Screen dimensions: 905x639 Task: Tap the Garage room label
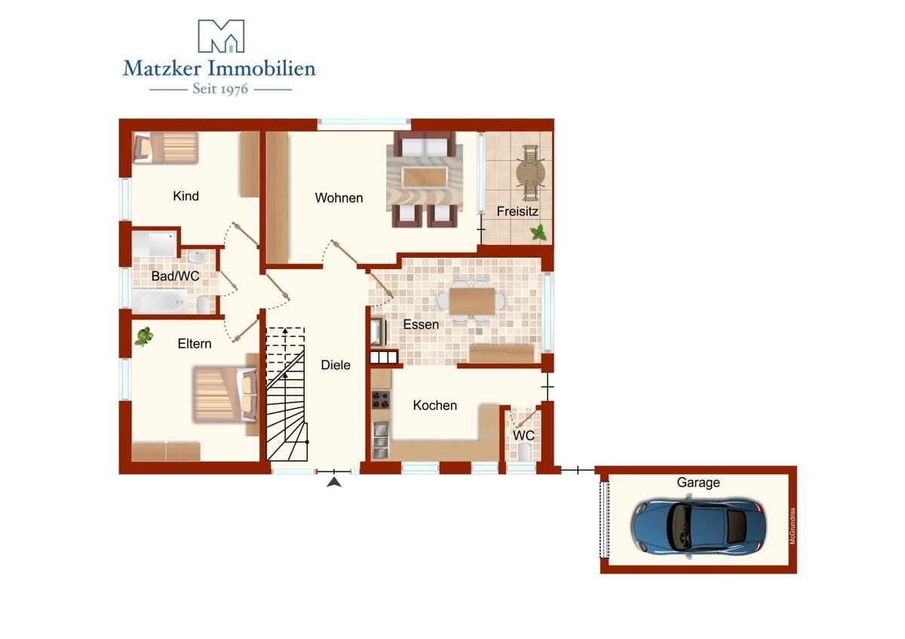[x=698, y=483]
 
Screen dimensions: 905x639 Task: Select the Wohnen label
[x=339, y=197]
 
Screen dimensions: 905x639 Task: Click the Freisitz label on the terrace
[x=517, y=211]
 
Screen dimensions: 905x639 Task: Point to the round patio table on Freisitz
[x=530, y=173]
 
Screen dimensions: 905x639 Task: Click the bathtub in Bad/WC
[x=159, y=301]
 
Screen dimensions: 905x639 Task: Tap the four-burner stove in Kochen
[x=381, y=399]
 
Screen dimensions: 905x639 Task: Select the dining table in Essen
[x=472, y=301]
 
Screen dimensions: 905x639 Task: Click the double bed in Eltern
[x=225, y=393]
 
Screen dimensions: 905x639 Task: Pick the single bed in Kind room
[x=166, y=148]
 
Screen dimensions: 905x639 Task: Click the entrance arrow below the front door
[x=333, y=482]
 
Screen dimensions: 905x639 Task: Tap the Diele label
[x=336, y=365]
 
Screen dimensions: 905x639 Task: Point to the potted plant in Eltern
[x=144, y=336]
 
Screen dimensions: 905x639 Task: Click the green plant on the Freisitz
[x=538, y=233]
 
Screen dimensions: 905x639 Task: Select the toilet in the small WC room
[x=524, y=452]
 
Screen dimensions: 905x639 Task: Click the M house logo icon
[x=221, y=36]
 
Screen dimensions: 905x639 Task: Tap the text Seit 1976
[x=220, y=89]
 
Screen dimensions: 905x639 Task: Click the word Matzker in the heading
[x=162, y=69]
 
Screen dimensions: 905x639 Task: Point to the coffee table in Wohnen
[x=425, y=178]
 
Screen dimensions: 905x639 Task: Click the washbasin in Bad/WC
[x=198, y=256]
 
